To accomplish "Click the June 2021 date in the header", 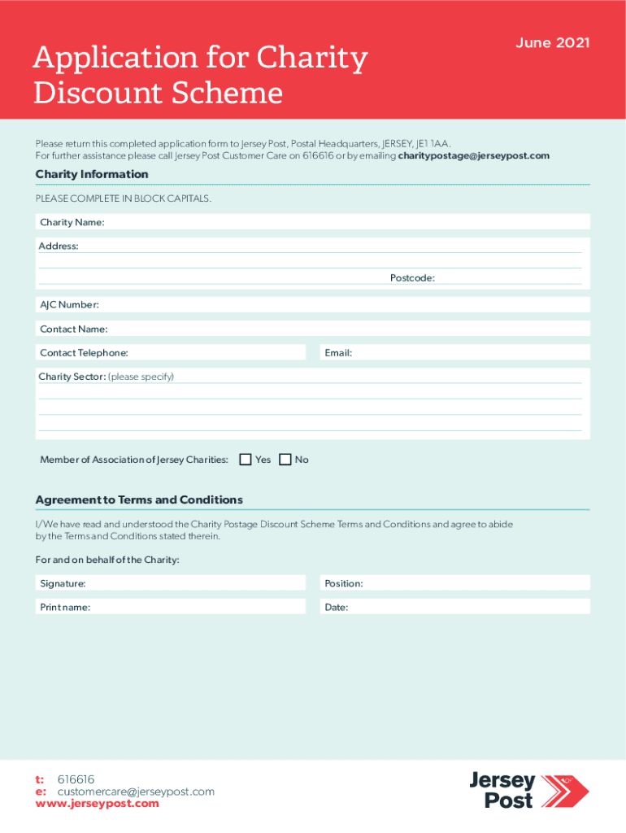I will coord(552,42).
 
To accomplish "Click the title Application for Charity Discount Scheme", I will coord(200,76).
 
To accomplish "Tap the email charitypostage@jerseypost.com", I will coord(474,155).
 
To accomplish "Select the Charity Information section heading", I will coord(92,174).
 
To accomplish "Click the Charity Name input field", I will coord(341,223).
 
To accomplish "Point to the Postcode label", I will coord(412,278).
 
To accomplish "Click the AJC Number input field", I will coord(341,305).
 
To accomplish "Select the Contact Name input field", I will coord(341,329).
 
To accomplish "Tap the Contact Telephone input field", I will coord(211,353).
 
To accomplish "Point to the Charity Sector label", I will coord(72,377).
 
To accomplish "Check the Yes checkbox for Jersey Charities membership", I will coord(246,460).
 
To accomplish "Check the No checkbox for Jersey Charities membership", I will coord(285,460).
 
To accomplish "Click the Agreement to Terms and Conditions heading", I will coord(139,499).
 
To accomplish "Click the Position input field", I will coord(472,583).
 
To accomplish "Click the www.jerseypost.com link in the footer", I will coord(98,804).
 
